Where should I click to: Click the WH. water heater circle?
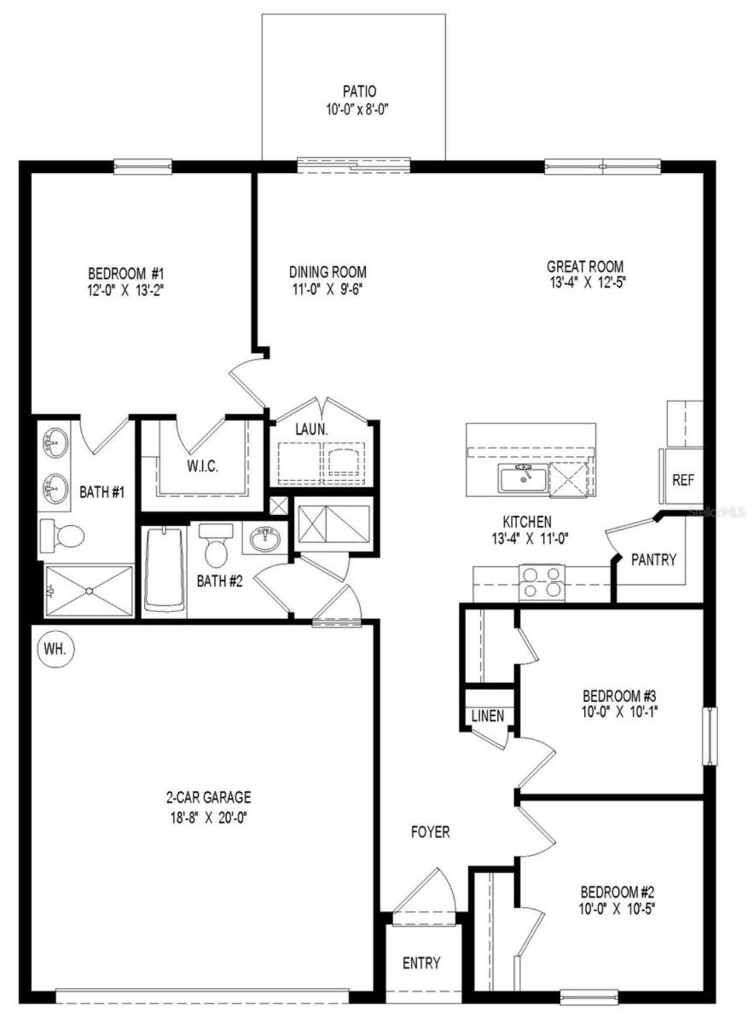click(x=56, y=649)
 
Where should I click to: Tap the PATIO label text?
click(x=359, y=92)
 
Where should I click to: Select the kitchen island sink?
click(x=523, y=479)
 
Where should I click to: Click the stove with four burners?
click(x=542, y=582)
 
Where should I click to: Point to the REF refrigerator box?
click(x=683, y=480)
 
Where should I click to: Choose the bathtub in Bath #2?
click(x=164, y=570)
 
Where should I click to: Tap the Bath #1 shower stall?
click(x=89, y=590)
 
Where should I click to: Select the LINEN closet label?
click(x=487, y=716)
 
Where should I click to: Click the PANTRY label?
click(x=653, y=560)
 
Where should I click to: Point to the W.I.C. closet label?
click(x=203, y=466)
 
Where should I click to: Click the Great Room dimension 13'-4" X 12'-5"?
click(x=585, y=283)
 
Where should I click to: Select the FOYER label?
click(x=430, y=832)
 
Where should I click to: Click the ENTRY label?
click(x=421, y=963)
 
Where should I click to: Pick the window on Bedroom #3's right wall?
click(x=709, y=736)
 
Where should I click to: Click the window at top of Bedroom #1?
click(x=143, y=167)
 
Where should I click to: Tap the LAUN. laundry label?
click(x=311, y=429)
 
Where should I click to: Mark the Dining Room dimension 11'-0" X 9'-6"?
click(x=328, y=289)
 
